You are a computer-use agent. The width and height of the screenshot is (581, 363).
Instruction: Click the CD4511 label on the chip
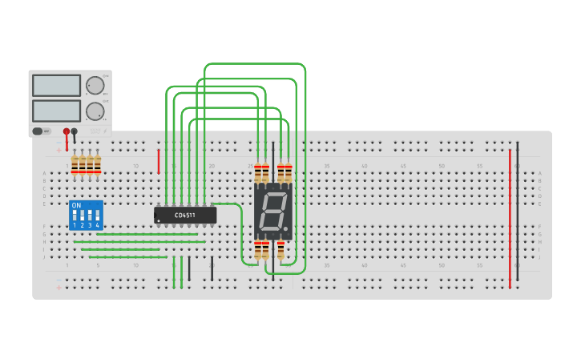click(185, 215)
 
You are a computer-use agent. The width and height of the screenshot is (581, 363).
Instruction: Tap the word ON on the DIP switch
click(76, 206)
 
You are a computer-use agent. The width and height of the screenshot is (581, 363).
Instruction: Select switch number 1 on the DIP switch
click(75, 216)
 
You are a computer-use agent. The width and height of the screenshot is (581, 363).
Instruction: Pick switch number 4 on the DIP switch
click(97, 216)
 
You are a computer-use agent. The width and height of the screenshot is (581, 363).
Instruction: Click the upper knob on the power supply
click(95, 85)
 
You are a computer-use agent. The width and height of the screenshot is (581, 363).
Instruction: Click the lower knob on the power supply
click(95, 111)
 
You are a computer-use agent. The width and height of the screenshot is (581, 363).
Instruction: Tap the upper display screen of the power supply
click(56, 85)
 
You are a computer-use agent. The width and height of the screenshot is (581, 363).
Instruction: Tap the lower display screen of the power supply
click(56, 111)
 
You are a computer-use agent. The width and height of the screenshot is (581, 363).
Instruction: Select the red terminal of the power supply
click(67, 131)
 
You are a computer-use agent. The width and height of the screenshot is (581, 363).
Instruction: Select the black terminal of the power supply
click(75, 131)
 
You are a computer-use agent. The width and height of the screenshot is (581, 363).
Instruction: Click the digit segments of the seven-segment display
click(272, 212)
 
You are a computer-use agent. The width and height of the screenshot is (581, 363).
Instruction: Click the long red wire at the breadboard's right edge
click(510, 216)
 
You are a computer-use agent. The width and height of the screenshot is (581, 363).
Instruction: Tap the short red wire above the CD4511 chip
click(159, 160)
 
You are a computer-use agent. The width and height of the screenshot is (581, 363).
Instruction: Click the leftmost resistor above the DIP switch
click(75, 163)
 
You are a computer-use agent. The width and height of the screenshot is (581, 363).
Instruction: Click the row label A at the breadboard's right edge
click(540, 173)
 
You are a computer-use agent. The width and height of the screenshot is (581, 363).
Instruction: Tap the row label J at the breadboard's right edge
click(540, 257)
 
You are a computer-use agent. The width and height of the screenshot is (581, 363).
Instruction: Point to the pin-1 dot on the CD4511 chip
click(159, 220)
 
